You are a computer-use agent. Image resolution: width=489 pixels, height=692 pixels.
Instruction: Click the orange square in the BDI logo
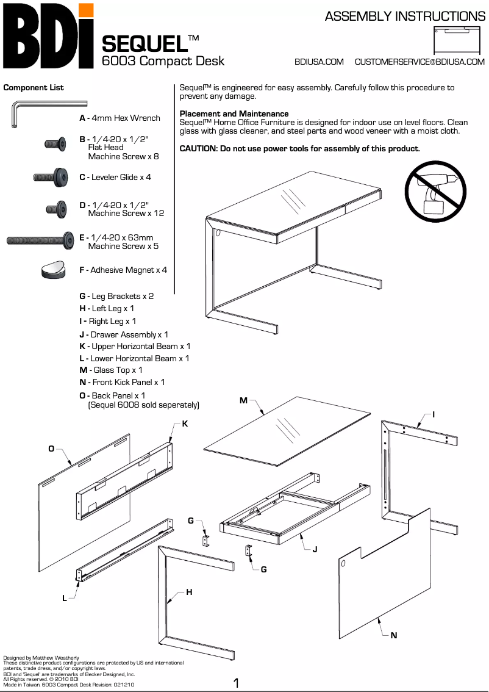(x=87, y=10)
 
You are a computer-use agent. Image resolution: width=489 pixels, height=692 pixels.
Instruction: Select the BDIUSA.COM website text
(x=319, y=62)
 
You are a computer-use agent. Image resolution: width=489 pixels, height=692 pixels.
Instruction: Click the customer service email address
(x=419, y=62)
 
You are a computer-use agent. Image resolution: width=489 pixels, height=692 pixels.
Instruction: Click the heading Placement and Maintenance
(x=234, y=114)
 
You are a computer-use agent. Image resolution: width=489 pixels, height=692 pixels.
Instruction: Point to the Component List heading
(x=34, y=87)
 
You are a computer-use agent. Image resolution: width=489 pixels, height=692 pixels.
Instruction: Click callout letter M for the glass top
(x=243, y=400)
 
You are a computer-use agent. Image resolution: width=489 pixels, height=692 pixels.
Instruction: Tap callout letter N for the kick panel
(x=394, y=635)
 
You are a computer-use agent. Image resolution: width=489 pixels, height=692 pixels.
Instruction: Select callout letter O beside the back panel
(x=52, y=449)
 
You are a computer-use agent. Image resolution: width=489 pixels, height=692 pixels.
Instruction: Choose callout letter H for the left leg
(x=189, y=592)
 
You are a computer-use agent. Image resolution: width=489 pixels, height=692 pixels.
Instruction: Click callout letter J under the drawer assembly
(x=315, y=549)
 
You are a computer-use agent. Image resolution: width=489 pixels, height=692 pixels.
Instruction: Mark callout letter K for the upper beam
(x=185, y=423)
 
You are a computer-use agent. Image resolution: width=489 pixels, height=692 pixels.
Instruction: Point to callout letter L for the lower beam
(x=65, y=598)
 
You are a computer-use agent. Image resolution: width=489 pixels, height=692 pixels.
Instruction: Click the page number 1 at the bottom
(x=236, y=683)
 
